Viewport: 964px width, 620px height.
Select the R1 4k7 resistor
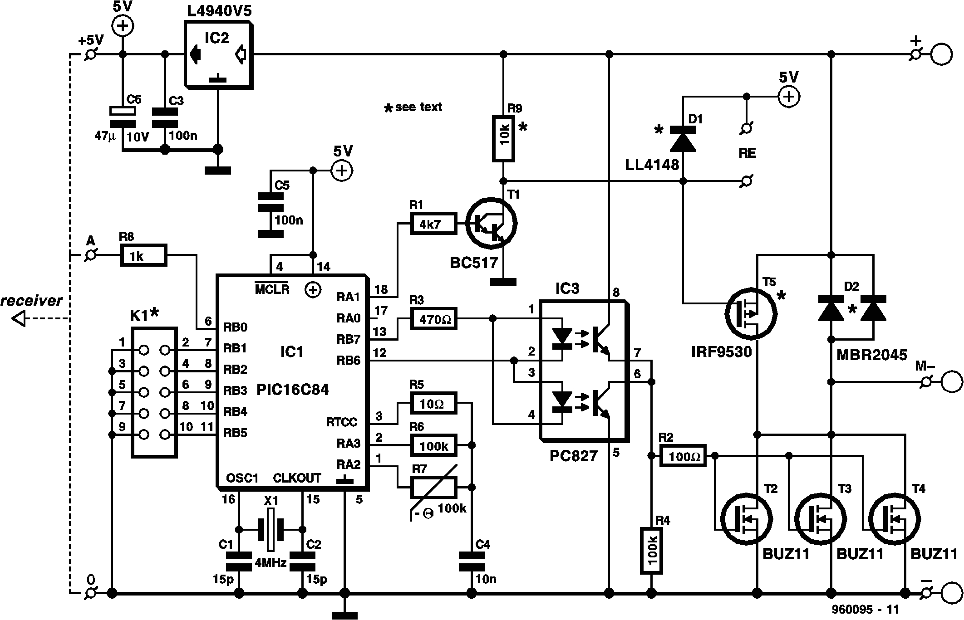pyautogui.click(x=433, y=224)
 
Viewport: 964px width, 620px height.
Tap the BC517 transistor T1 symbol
pyautogui.click(x=491, y=223)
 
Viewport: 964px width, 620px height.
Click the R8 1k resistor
pyautogui.click(x=143, y=255)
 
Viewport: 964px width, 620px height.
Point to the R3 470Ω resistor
pyautogui.click(x=433, y=319)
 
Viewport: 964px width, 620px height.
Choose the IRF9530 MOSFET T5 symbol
pyautogui.click(x=751, y=313)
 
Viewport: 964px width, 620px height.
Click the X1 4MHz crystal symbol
pyautogui.click(x=270, y=529)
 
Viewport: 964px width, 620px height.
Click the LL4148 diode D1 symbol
pyautogui.click(x=683, y=139)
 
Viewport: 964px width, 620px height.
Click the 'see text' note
pyautogui.click(x=413, y=107)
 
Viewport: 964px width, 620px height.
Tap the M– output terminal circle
pyautogui.click(x=951, y=382)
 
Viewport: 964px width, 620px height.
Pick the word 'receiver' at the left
pyautogui.click(x=31, y=301)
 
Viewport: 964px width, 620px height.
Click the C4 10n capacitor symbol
pyautogui.click(x=472, y=561)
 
